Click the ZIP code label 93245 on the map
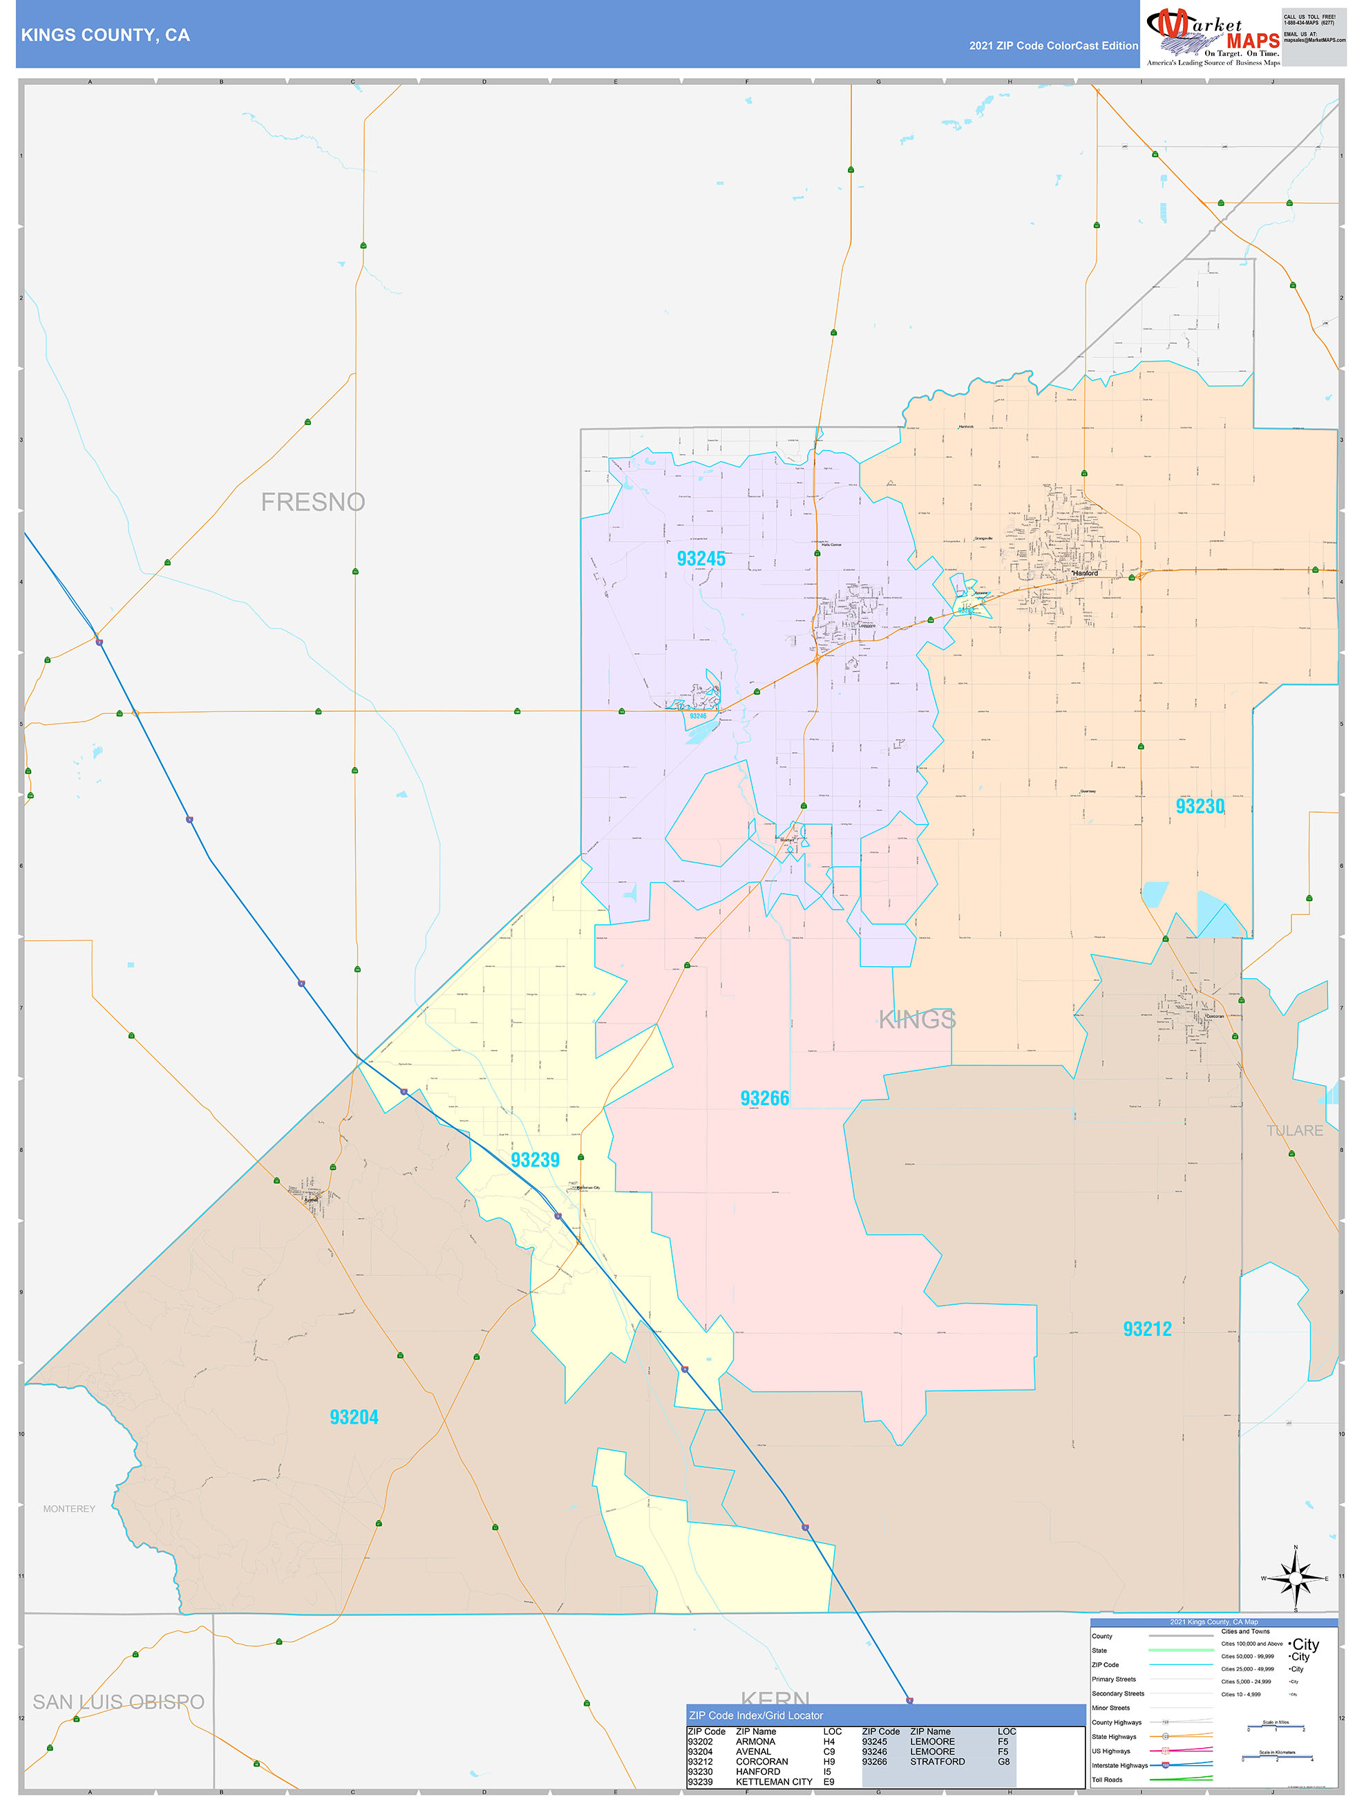coord(701,559)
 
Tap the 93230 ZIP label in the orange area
coord(1199,806)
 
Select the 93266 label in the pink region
coord(764,1098)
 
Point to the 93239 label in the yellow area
coord(535,1160)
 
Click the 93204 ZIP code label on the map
coord(354,1417)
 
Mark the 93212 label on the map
coord(1147,1329)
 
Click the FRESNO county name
coord(313,502)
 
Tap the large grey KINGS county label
coord(917,1019)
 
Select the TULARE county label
coord(1294,1131)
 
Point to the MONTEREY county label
coord(69,1509)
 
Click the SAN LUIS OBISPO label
coord(119,1702)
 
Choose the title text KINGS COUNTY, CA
coord(106,35)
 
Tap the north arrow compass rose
coord(1295,1579)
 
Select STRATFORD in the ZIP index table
coord(938,1761)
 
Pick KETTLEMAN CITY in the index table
coord(773,1782)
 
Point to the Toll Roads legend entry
coord(1107,1780)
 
